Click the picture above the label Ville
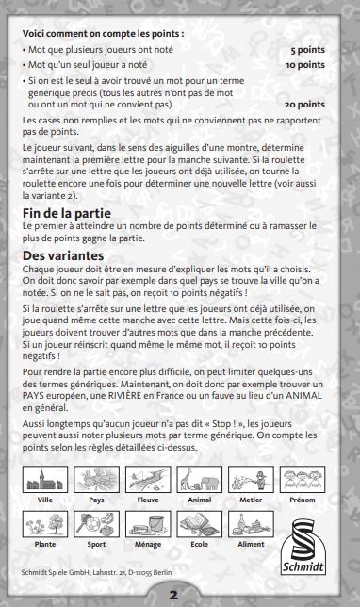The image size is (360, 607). click(x=44, y=478)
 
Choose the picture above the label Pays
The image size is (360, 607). click(x=95, y=478)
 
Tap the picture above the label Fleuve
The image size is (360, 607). click(x=147, y=478)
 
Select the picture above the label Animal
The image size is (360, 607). click(x=199, y=478)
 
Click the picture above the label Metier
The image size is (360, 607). click(x=250, y=478)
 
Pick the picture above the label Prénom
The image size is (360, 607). click(x=302, y=478)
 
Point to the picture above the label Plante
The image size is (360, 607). click(x=44, y=523)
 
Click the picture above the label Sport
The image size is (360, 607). click(x=95, y=523)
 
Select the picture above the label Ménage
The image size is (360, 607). click(x=147, y=523)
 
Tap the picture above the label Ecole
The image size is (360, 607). click(x=199, y=523)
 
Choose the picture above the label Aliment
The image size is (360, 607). click(x=250, y=523)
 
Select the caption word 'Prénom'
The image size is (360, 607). click(x=302, y=499)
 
